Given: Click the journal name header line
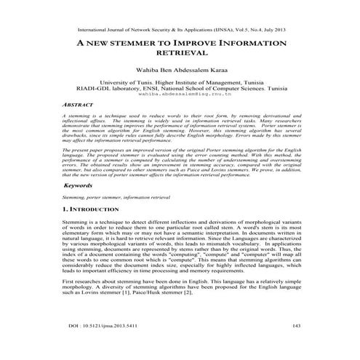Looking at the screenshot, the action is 180,32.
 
